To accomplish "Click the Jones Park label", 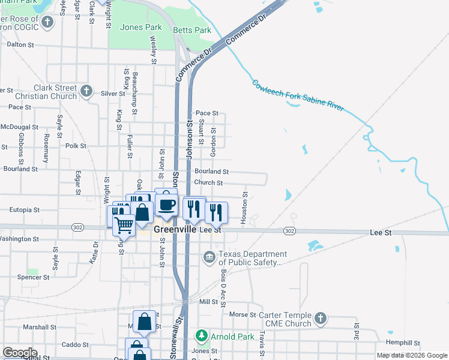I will click(141, 27).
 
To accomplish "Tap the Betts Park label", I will click(191, 30).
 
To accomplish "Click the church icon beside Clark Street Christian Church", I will click(86, 91).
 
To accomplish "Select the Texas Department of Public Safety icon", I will click(209, 258).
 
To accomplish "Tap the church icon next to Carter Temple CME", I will click(321, 319).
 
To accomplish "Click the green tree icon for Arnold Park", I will click(203, 336).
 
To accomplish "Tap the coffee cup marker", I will click(166, 205).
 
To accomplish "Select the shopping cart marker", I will click(124, 225).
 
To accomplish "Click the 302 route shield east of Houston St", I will click(289, 231).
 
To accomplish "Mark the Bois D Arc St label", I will click(222, 287).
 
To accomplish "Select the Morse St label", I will click(243, 314).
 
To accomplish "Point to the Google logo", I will click(20, 353).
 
